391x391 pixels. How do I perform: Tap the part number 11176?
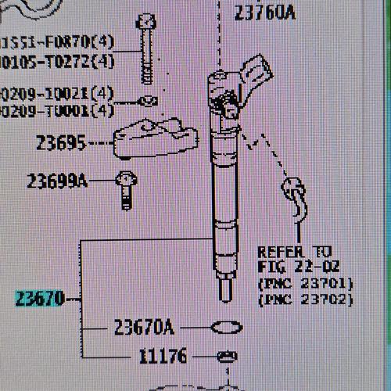click(x=163, y=357)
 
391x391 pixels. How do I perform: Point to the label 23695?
click(x=60, y=143)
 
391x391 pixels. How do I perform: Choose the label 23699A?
click(x=56, y=182)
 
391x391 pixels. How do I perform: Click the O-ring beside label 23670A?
click(x=226, y=327)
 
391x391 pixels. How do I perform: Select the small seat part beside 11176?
click(x=226, y=357)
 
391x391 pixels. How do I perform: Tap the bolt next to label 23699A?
click(x=124, y=189)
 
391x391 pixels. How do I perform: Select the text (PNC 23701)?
click(x=306, y=283)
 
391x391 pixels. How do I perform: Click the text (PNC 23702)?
click(x=306, y=299)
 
